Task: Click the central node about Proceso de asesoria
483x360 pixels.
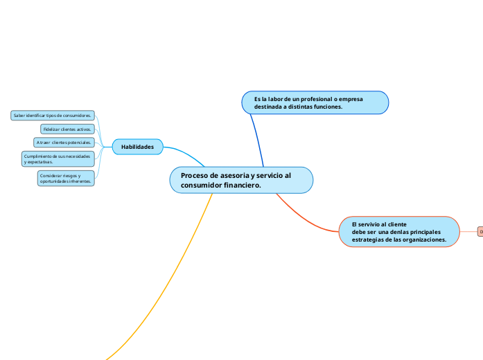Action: click(241, 180)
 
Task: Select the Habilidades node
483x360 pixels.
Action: click(137, 147)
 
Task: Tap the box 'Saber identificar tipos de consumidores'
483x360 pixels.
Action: click(53, 116)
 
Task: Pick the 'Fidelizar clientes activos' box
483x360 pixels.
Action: click(67, 129)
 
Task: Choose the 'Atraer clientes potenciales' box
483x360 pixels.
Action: click(64, 143)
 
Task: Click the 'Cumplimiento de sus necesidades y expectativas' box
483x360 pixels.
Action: click(57, 159)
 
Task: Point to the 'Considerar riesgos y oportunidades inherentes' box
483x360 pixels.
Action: click(66, 179)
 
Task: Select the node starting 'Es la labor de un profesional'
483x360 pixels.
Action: click(315, 102)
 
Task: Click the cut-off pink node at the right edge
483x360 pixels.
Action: click(480, 231)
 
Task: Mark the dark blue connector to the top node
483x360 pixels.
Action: click(258, 138)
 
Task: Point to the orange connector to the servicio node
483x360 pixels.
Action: click(305, 220)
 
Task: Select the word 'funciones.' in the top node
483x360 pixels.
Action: click(325, 107)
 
